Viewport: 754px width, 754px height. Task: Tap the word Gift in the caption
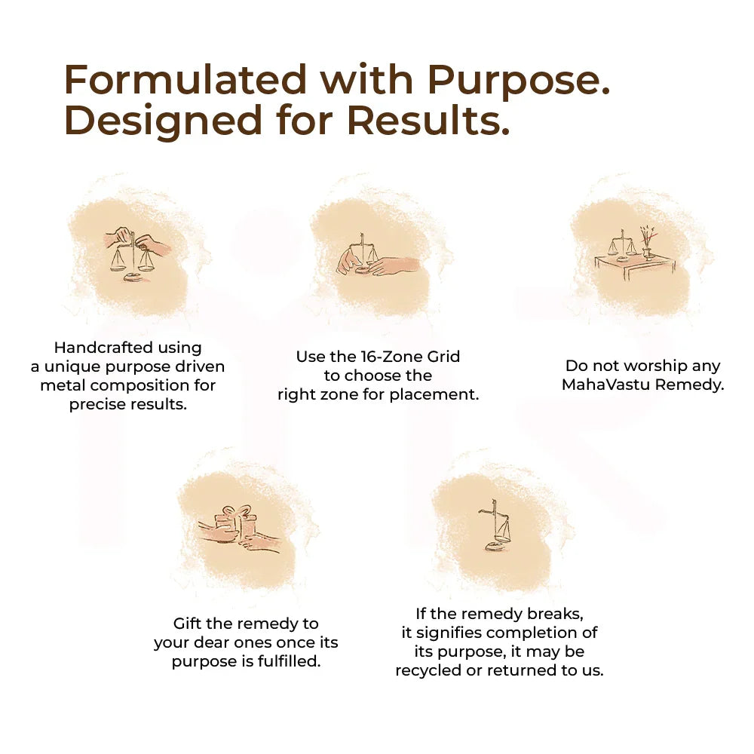pos(189,624)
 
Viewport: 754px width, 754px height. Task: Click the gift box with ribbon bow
pos(235,522)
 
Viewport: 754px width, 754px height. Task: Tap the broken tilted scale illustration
pos(495,528)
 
